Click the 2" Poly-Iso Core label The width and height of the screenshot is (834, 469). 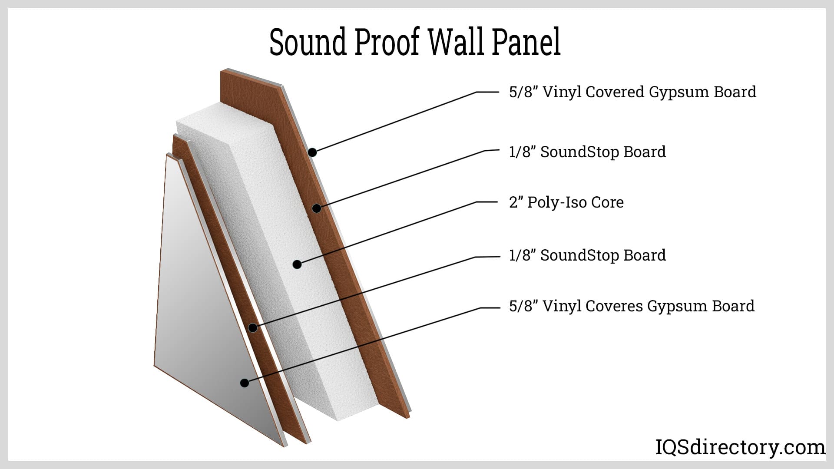click(x=566, y=202)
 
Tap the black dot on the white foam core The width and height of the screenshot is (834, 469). click(x=297, y=264)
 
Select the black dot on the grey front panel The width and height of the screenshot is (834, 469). click(x=245, y=383)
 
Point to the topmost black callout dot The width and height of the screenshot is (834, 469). click(x=312, y=152)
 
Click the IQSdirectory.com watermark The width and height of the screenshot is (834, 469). click(x=740, y=447)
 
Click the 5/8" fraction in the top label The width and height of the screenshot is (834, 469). click(x=524, y=92)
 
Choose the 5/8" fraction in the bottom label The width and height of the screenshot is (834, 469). click(x=524, y=306)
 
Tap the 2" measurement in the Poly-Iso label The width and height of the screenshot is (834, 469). click(x=515, y=202)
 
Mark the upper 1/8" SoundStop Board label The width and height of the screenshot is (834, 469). click(x=587, y=152)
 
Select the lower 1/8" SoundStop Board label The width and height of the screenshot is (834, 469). click(x=587, y=255)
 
